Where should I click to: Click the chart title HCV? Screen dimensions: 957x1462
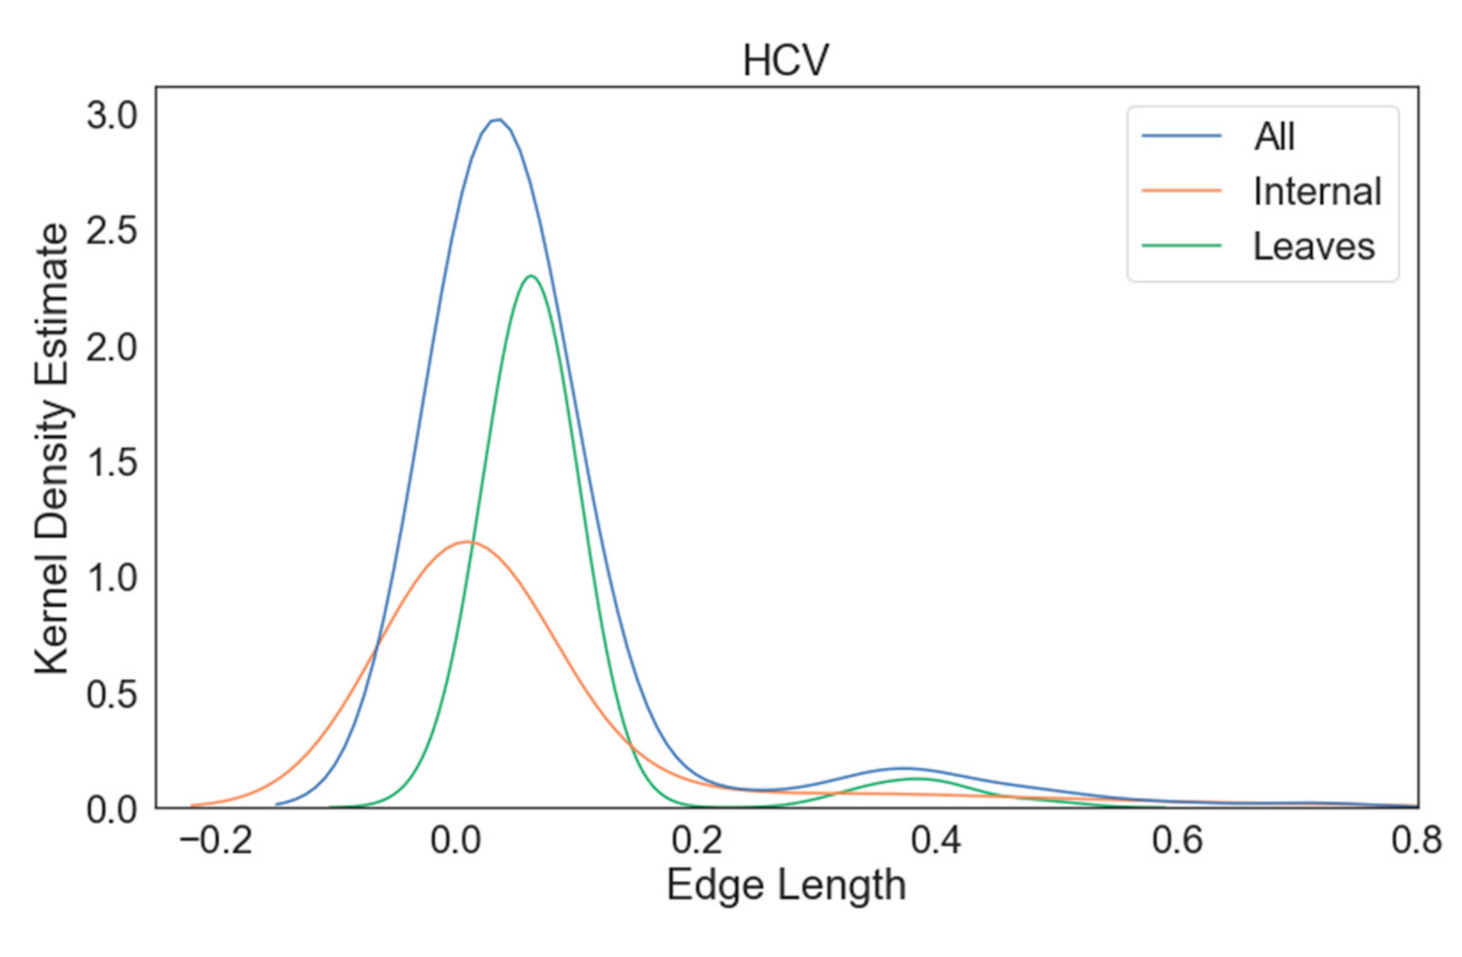[786, 61]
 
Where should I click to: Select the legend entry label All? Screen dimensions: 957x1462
[1274, 136]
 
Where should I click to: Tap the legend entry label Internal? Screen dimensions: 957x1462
[1317, 192]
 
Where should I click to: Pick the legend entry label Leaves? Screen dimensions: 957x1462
[1313, 247]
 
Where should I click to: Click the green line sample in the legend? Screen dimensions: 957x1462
[1181, 246]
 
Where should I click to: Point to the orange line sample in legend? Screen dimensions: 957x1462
[1181, 191]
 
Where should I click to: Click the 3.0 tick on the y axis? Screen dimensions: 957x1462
[111, 115]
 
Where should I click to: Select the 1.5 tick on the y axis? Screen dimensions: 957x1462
[111, 462]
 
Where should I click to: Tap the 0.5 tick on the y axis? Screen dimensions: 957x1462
[111, 695]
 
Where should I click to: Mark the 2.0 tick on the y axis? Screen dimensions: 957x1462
[111, 348]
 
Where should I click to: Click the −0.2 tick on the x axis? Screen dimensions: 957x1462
[216, 841]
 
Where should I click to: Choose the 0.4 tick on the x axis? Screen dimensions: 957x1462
[935, 841]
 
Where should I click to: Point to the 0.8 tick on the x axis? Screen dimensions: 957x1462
[1416, 841]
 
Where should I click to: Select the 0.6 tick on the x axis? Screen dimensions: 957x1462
[1177, 841]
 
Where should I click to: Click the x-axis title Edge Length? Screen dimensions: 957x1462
[786, 886]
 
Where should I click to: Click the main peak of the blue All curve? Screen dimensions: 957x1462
[498, 120]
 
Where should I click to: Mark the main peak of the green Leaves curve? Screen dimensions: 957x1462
[530, 276]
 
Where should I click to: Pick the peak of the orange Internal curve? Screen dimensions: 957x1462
[468, 541]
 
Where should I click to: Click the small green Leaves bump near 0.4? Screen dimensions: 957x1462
[916, 779]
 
